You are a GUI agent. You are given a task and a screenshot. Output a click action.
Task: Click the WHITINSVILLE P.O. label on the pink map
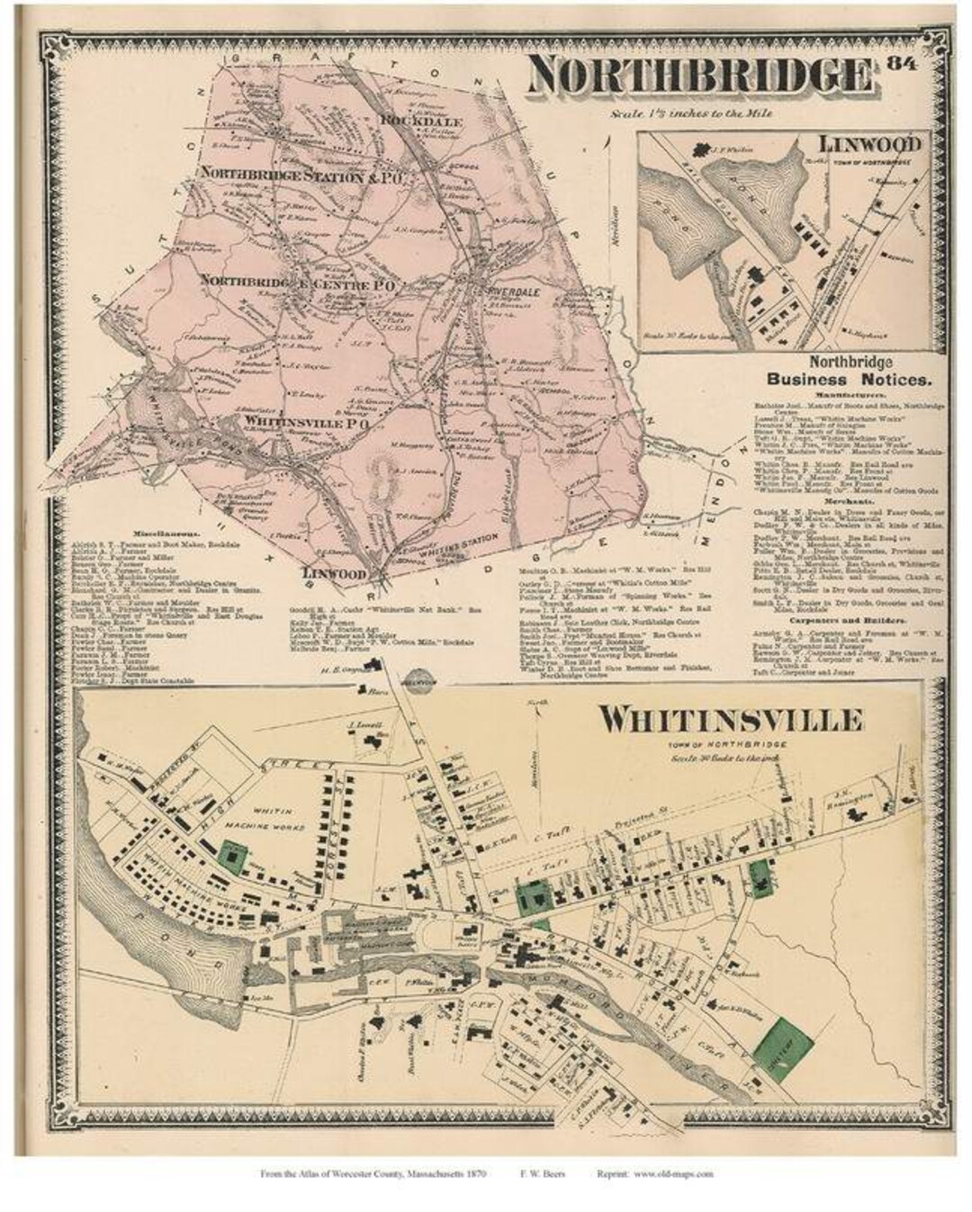click(x=302, y=419)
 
